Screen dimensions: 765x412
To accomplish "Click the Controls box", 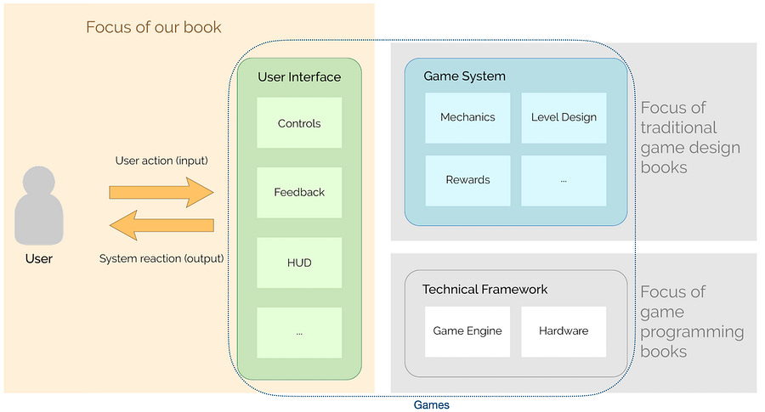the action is [x=299, y=123].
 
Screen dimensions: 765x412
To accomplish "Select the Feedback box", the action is [x=299, y=193].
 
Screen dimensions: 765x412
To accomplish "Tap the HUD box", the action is [x=299, y=262].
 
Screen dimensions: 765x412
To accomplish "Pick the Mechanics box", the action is [x=467, y=117].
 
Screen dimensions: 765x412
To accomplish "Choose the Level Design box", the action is [x=564, y=117].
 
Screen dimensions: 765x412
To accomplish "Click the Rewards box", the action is [x=467, y=180].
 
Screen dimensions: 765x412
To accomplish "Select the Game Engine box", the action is [x=467, y=331].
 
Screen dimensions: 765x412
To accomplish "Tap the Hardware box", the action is [x=564, y=331].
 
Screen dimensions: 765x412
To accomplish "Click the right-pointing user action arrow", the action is [x=161, y=192].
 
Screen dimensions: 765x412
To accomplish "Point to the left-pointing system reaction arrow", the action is [x=161, y=225].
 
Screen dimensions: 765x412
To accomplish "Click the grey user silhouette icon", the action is [x=38, y=206].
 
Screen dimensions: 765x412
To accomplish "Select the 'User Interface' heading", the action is [x=299, y=77].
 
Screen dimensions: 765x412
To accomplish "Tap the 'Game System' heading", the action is [x=464, y=76].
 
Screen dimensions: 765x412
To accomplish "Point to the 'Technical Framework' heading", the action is [x=485, y=290].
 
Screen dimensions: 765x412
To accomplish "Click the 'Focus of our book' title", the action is [x=153, y=27].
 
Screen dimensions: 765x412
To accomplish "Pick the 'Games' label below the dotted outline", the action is [x=431, y=404].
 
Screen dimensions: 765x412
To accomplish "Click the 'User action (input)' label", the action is [x=161, y=161].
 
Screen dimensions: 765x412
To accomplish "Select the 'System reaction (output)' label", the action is [x=161, y=258].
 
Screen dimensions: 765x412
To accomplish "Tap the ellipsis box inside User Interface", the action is [x=299, y=332].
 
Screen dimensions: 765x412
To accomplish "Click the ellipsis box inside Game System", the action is [x=564, y=180].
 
